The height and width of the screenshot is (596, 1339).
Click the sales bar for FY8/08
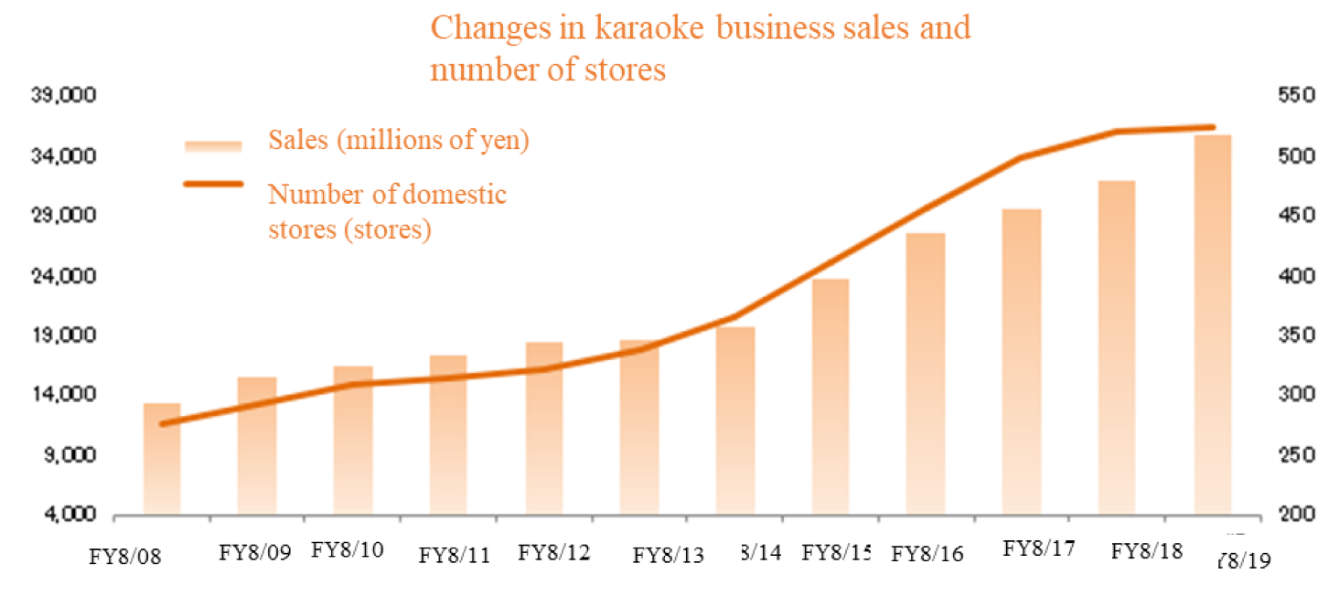162,459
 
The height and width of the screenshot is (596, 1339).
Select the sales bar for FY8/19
1213,325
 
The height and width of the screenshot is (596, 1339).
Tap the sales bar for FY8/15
830,397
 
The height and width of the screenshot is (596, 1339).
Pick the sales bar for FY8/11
448,435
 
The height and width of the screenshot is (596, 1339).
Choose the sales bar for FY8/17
1022,362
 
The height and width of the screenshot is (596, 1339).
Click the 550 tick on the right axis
1277,97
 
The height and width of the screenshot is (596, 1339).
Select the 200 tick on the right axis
1277,516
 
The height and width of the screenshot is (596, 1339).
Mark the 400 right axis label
1277,276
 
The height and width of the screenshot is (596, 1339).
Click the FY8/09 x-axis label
256,554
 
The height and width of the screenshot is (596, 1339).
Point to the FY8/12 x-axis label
554,553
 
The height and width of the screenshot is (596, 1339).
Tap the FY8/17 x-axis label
1039,548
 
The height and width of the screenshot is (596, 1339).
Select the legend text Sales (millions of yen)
399,142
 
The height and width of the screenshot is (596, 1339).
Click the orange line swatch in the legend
212,185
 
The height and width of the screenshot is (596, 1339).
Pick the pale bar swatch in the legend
212,145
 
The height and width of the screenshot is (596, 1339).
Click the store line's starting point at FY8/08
162,424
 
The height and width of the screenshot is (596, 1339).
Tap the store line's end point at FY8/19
1213,127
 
